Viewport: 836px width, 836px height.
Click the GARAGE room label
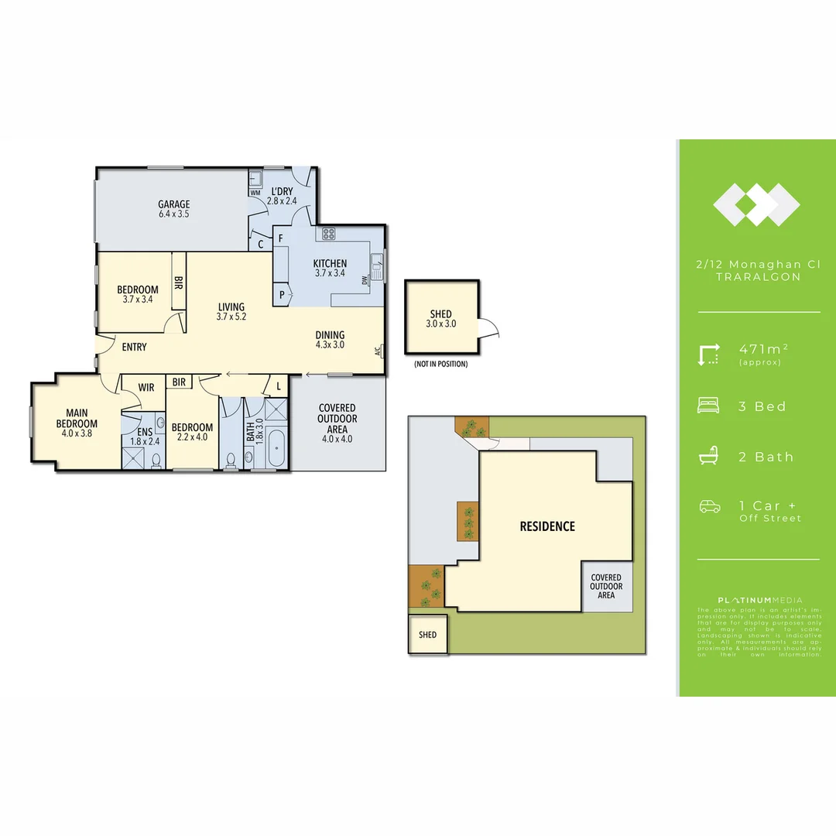[x=174, y=205]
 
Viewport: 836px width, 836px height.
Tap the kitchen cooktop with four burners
[x=327, y=233]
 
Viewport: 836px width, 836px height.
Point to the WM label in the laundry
[x=255, y=192]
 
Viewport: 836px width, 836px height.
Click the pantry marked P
[x=280, y=294]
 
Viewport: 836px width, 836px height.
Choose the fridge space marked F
[x=280, y=238]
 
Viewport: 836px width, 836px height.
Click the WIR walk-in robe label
[x=147, y=387]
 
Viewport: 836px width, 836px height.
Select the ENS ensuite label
[x=145, y=432]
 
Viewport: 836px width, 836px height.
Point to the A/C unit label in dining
[x=377, y=351]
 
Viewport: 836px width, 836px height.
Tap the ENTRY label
[x=134, y=347]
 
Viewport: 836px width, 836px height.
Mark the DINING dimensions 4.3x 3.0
[x=330, y=345]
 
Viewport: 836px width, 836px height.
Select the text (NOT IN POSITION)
[x=440, y=364]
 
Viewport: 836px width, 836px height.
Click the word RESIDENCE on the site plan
[x=547, y=526]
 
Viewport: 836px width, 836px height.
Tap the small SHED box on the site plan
[x=427, y=635]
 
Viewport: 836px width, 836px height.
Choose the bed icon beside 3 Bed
[x=708, y=406]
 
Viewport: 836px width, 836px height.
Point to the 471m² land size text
[x=762, y=349]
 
